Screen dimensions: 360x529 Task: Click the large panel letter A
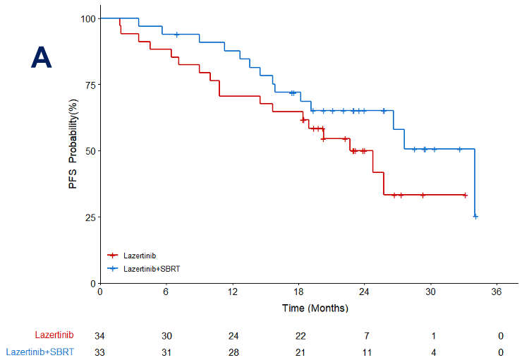pyautogui.click(x=42, y=58)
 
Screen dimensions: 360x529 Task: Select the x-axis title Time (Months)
pyautogui.click(x=315, y=308)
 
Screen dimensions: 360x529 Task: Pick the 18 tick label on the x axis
pyautogui.click(x=298, y=292)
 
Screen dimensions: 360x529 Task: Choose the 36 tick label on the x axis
pyautogui.click(x=497, y=292)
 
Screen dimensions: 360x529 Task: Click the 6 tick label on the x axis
pyautogui.click(x=166, y=292)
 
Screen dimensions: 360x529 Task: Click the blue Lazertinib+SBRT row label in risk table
pyautogui.click(x=39, y=352)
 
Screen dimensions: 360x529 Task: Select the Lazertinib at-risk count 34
pyautogui.click(x=99, y=335)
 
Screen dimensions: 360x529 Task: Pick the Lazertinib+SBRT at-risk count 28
pyautogui.click(x=232, y=352)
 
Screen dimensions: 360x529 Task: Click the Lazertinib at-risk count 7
pyautogui.click(x=364, y=335)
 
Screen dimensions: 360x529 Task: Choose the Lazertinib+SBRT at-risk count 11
pyautogui.click(x=364, y=352)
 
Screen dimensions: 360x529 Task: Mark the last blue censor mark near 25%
pyautogui.click(x=475, y=216)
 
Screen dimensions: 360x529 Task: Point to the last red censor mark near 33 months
pyautogui.click(x=465, y=195)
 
